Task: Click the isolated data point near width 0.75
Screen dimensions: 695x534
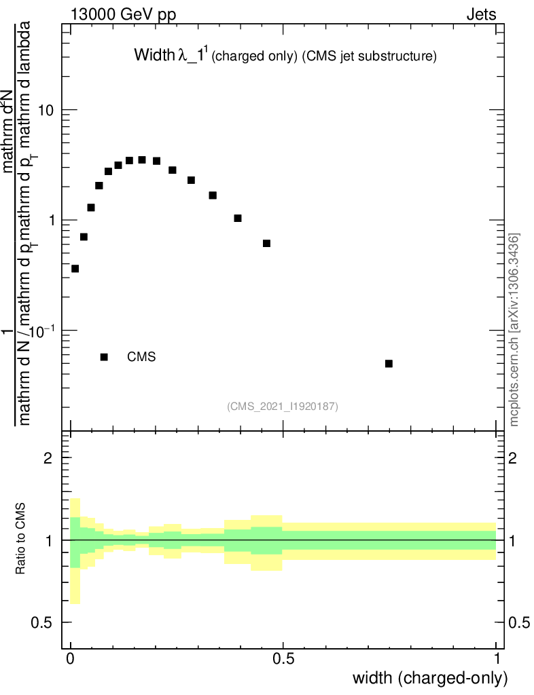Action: click(389, 364)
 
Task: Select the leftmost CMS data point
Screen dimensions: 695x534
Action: click(75, 269)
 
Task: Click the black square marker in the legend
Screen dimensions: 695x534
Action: click(104, 357)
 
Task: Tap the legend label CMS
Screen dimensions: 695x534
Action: click(141, 357)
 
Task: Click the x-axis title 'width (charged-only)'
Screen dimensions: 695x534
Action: click(429, 678)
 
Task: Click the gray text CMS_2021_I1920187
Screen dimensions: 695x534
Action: click(283, 407)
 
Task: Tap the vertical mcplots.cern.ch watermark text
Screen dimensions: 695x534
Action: click(515, 329)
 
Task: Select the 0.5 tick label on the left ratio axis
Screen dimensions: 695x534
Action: click(43, 623)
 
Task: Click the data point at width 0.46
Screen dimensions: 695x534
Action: click(266, 243)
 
